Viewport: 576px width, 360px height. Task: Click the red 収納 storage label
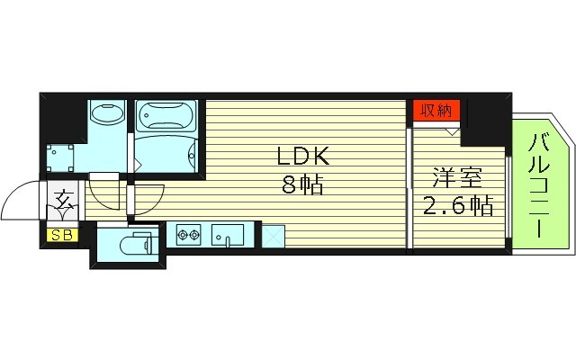(x=437, y=111)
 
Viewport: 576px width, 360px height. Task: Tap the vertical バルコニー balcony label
(x=540, y=184)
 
